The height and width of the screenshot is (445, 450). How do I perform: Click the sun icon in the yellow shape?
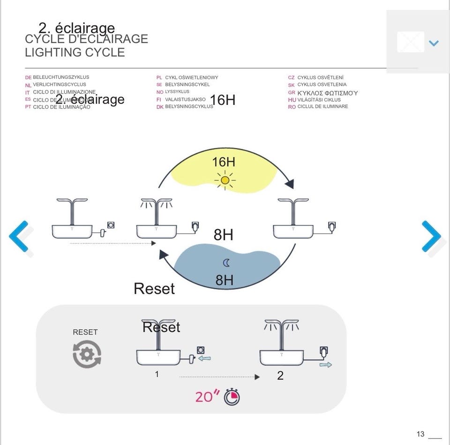click(x=225, y=180)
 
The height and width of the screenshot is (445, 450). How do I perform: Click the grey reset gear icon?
click(x=87, y=354)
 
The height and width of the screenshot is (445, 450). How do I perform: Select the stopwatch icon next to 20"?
click(x=232, y=397)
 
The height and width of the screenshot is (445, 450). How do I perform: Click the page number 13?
click(x=420, y=434)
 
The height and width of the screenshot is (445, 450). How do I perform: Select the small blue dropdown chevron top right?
click(x=434, y=43)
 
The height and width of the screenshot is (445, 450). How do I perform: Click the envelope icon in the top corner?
click(x=411, y=42)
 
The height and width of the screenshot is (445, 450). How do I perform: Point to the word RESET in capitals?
click(x=85, y=332)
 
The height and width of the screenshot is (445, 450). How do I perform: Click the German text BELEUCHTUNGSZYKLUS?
click(x=61, y=77)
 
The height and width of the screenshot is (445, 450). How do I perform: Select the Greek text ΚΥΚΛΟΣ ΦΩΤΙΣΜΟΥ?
click(x=328, y=93)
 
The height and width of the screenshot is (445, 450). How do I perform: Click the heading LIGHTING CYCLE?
click(x=75, y=52)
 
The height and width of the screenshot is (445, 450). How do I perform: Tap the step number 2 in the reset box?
click(x=280, y=376)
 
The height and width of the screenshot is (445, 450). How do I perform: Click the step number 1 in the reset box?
click(x=157, y=374)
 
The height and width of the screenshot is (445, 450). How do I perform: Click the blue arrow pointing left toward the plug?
click(x=204, y=359)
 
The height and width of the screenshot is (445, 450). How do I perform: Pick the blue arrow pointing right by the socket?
click(x=326, y=364)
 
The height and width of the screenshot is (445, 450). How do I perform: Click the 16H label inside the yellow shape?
click(x=224, y=162)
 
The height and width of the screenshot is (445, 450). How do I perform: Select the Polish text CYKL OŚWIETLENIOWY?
click(x=191, y=77)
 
